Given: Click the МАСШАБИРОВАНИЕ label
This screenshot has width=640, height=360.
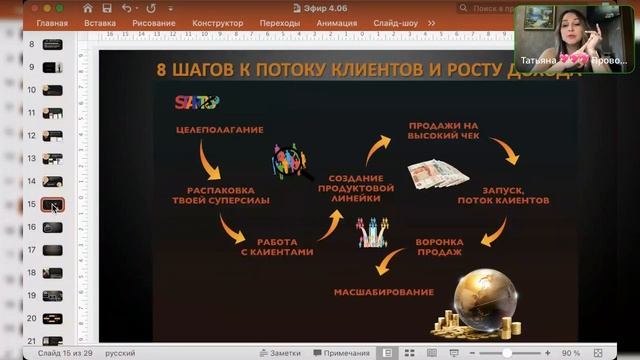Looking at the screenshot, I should pos(384,293).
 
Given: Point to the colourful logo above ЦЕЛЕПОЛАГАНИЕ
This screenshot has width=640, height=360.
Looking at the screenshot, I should pos(196,101).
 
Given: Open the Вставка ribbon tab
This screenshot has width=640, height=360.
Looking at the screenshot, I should pos(100,22).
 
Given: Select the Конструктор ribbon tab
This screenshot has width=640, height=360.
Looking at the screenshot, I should pos(217,22).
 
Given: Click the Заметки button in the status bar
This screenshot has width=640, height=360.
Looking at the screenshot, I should pos(280,353).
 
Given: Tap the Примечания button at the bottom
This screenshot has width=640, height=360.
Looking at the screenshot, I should pos(341,353).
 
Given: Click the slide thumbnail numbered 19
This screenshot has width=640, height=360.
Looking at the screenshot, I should pos(52,296).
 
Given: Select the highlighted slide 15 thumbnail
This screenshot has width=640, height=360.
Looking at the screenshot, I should pos(52,205).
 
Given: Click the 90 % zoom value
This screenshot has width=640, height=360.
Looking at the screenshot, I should pos(571,353).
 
